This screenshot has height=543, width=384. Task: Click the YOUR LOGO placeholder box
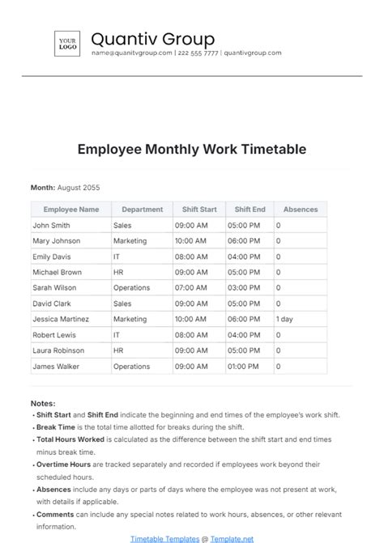66,42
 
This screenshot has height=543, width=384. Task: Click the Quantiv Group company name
152,39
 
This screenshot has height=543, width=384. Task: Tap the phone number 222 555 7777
198,53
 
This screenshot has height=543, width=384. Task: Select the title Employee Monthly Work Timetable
192,149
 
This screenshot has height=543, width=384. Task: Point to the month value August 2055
79,187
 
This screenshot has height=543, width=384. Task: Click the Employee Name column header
71,210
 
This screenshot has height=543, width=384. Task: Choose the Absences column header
301,210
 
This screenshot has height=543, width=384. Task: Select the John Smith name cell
51,226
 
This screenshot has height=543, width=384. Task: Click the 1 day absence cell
284,319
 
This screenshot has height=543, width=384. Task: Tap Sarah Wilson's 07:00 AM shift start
190,287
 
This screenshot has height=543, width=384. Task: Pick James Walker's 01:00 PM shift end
243,366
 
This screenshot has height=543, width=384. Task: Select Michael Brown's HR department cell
118,272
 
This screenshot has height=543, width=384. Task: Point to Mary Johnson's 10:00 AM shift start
190,241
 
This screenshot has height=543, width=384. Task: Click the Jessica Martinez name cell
60,319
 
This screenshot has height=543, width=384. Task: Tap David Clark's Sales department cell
122,303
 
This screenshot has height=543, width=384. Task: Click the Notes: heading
43,402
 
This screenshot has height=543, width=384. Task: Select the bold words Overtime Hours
63,465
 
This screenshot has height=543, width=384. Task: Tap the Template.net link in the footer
232,537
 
